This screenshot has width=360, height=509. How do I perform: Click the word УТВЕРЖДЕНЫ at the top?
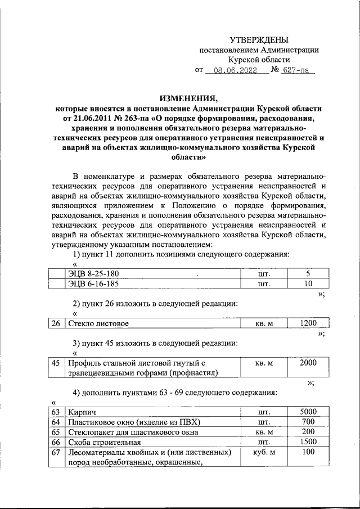pyautogui.click(x=259, y=40)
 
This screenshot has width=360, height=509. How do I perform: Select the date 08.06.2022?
pyautogui.click(x=231, y=71)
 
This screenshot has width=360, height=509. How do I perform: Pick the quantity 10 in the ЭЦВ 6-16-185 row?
pyautogui.click(x=308, y=284)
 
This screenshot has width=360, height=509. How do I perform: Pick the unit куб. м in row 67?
pyautogui.click(x=264, y=452)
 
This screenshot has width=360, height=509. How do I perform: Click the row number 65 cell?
pyautogui.click(x=55, y=433)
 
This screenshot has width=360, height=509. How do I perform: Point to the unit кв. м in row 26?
pyautogui.click(x=264, y=324)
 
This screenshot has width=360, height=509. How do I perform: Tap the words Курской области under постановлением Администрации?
pyautogui.click(x=259, y=60)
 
